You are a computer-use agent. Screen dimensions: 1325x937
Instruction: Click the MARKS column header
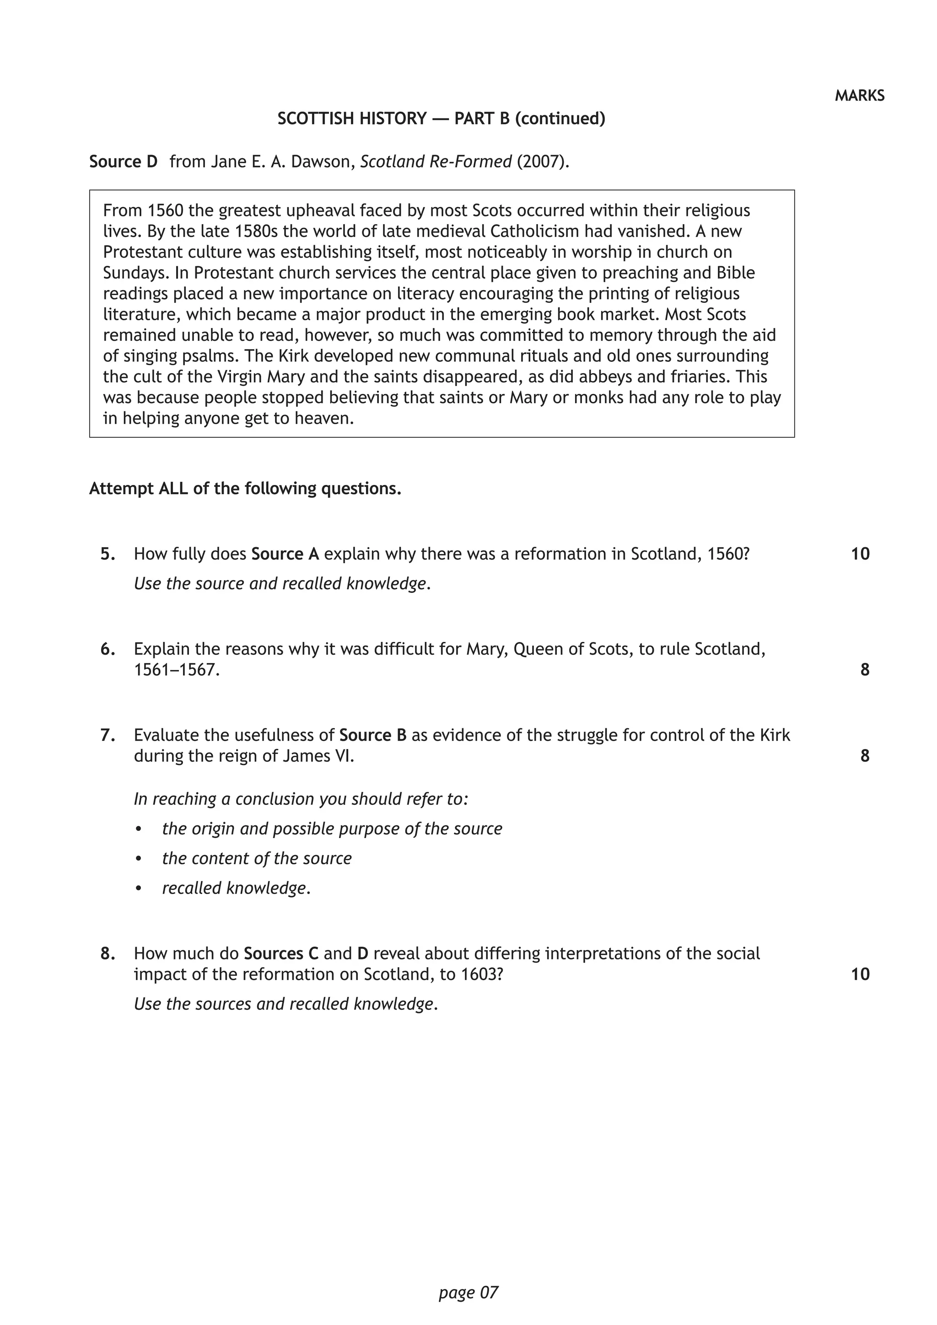click(859, 96)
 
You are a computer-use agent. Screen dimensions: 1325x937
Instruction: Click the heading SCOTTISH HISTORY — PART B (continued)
click(442, 119)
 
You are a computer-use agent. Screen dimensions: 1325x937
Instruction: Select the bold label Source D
click(123, 162)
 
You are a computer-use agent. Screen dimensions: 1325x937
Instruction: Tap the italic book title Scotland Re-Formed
click(436, 162)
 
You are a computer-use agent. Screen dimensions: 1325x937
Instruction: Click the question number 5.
click(108, 554)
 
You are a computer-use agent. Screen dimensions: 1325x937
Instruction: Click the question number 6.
click(108, 649)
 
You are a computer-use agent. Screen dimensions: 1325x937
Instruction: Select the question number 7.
click(108, 735)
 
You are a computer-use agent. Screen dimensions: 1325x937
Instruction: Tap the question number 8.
click(108, 953)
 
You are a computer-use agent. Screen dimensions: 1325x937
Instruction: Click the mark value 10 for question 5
click(860, 554)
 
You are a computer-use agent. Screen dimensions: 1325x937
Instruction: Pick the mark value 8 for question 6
click(864, 670)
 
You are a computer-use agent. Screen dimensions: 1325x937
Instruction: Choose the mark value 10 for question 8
click(860, 974)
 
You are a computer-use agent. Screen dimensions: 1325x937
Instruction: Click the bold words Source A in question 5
click(285, 554)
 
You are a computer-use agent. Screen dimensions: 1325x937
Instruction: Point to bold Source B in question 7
click(373, 735)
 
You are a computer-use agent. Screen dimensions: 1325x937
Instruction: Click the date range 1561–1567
click(177, 670)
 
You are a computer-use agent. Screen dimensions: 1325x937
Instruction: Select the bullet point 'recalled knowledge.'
click(236, 888)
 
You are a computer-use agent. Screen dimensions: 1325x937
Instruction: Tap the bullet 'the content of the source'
click(257, 859)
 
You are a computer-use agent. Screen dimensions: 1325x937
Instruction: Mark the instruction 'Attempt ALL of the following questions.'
click(245, 489)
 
